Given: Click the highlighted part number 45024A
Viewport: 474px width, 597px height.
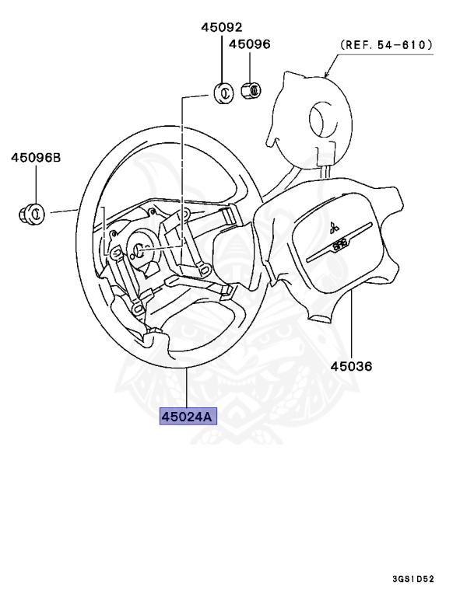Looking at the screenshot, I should [187, 417].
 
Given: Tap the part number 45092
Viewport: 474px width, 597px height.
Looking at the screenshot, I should [221, 26].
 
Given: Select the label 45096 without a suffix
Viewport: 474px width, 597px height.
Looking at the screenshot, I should [249, 44].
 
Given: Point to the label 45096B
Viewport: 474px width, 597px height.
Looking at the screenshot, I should [35, 158].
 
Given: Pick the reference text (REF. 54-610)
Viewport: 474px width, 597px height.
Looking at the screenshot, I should [385, 46].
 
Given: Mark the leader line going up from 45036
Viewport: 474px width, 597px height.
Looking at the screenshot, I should [351, 326].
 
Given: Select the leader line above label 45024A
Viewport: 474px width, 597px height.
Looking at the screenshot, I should [187, 389].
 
